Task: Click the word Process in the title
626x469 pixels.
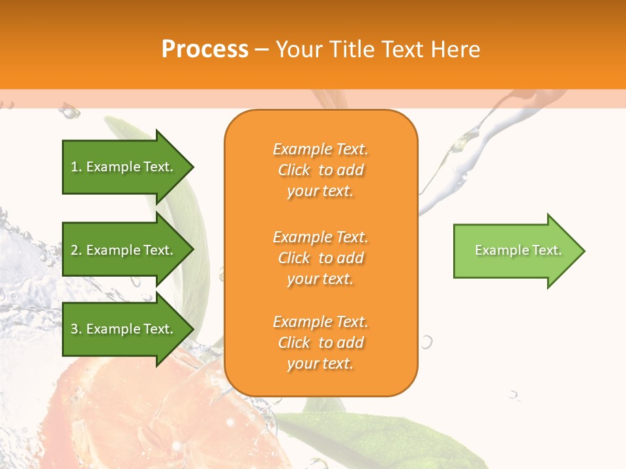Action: pyautogui.click(x=205, y=50)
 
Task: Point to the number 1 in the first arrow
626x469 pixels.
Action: pyautogui.click(x=74, y=167)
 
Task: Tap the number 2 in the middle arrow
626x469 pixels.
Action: pyautogui.click(x=75, y=250)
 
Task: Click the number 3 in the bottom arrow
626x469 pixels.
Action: pyautogui.click(x=75, y=329)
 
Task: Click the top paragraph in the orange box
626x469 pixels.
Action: pyautogui.click(x=320, y=170)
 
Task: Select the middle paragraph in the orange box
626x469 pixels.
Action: pyautogui.click(x=320, y=258)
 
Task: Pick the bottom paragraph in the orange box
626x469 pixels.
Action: pyautogui.click(x=320, y=343)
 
